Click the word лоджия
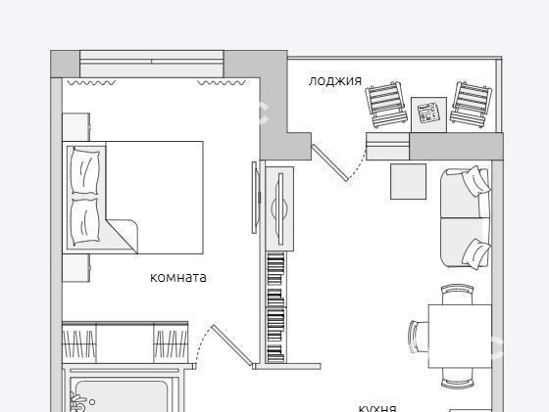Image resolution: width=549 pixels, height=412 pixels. coord(334,81)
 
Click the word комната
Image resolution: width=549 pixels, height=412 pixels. coord(177,278)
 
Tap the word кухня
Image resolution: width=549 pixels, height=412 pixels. coord(377,408)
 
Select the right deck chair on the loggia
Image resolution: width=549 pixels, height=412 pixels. coord(471,103)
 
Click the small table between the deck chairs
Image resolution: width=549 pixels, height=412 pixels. coord(428,114)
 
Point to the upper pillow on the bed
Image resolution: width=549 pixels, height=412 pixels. coord(84,170)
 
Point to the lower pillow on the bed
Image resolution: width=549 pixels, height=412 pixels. coord(84,222)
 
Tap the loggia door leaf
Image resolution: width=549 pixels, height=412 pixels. coord(330,162)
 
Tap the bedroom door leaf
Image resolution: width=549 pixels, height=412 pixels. coord(231,345)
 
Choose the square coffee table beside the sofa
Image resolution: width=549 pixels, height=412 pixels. coord(408,182)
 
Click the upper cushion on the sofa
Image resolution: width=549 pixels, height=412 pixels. coord(475,181)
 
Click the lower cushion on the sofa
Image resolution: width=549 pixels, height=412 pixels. coord(476,254)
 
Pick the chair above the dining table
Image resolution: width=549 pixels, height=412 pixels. coord(457,295)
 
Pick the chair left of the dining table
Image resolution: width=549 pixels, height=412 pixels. coord(419,338)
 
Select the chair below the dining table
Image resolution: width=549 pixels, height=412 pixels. coord(457,378)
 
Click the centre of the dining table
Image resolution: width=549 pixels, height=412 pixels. coord(460,337)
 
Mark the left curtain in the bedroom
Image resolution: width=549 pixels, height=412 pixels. coord(91,83)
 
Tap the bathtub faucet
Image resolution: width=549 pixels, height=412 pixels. coord(77,402)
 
